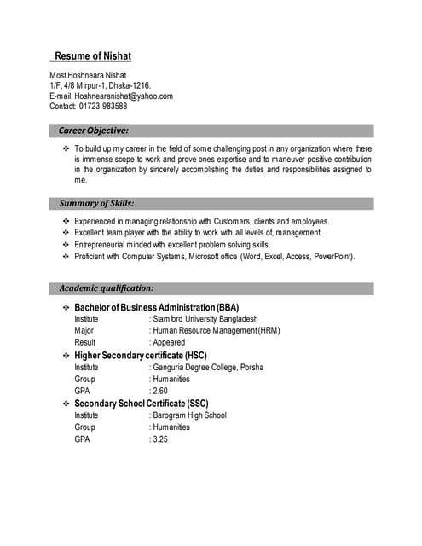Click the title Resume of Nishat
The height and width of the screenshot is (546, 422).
pyautogui.click(x=92, y=57)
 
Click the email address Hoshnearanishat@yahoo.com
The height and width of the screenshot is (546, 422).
pyautogui.click(x=124, y=96)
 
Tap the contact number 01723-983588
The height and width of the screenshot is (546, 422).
pyautogui.click(x=101, y=107)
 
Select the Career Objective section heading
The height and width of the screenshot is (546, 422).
pyautogui.click(x=94, y=131)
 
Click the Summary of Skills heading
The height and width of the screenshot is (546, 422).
pyautogui.click(x=96, y=204)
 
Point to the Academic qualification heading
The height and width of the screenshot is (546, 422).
pyautogui.click(x=106, y=288)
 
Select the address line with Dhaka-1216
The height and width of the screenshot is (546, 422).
pyautogui.click(x=101, y=86)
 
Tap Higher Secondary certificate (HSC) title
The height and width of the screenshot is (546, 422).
pyautogui.click(x=141, y=355)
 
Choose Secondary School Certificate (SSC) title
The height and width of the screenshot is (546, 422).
pyautogui.click(x=142, y=403)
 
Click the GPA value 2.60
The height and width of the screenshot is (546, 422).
pyautogui.click(x=160, y=391)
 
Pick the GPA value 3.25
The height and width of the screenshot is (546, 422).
pyautogui.click(x=160, y=439)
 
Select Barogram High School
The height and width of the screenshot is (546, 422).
pyautogui.click(x=190, y=415)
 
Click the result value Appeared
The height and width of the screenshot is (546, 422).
pyautogui.click(x=169, y=343)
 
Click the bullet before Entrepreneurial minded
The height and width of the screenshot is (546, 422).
pyautogui.click(x=66, y=244)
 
